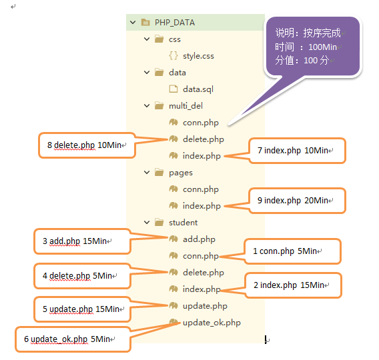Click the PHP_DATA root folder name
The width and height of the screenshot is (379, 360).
(175, 23)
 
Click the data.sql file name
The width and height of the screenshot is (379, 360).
(198, 89)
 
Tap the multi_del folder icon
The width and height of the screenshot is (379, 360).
(159, 105)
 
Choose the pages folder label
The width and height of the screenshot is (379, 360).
(181, 173)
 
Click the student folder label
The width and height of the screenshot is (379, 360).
(183, 223)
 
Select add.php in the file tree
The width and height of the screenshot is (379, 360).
(199, 239)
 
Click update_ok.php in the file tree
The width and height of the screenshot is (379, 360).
(212, 323)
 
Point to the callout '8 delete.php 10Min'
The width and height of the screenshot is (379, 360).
(87, 145)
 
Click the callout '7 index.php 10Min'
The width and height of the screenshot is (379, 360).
(298, 151)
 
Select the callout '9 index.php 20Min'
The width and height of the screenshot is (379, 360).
(298, 201)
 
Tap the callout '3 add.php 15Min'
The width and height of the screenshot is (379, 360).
(82, 241)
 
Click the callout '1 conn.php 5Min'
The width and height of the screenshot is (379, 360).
(293, 251)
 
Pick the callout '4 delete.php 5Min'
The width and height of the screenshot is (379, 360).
(82, 276)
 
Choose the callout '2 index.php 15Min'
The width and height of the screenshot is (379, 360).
(294, 285)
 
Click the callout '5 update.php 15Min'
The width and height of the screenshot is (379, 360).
(82, 309)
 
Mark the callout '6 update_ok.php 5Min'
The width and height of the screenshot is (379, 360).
(73, 339)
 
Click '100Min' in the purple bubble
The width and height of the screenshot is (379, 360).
(322, 47)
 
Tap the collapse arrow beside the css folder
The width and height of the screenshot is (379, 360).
(147, 39)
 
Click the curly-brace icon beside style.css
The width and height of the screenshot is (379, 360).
(173, 55)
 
